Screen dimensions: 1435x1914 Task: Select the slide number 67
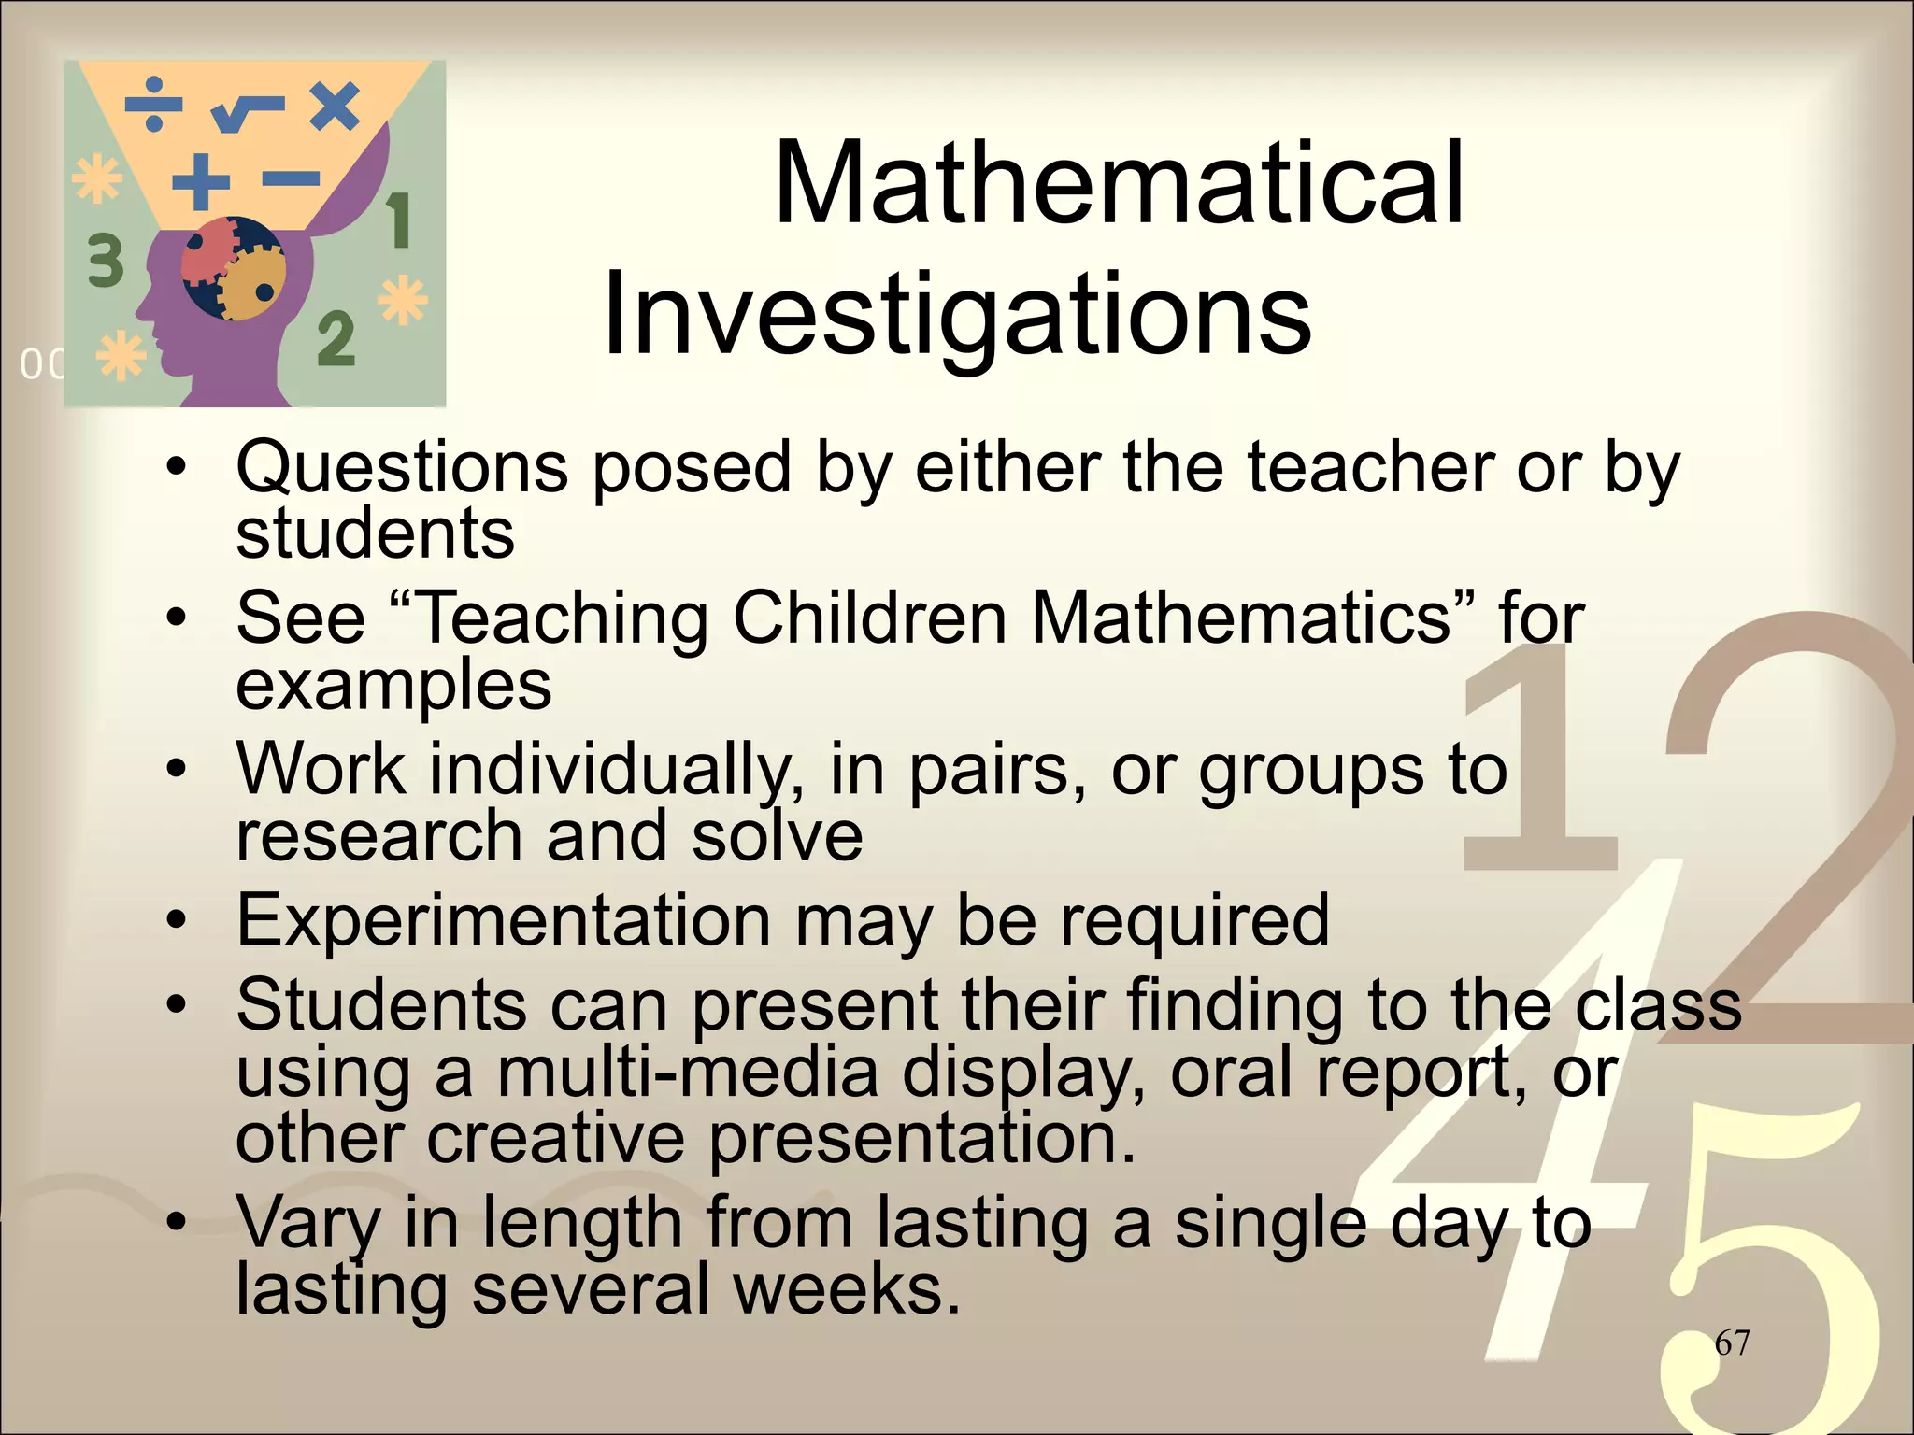pyautogui.click(x=1732, y=1343)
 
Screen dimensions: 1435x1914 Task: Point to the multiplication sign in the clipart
pyautogui.click(x=335, y=105)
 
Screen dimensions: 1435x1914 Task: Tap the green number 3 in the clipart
pyautogui.click(x=106, y=260)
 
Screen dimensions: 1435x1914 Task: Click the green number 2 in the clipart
pyautogui.click(x=336, y=338)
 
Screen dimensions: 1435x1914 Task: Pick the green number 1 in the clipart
pyautogui.click(x=399, y=220)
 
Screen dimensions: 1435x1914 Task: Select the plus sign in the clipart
pyautogui.click(x=201, y=180)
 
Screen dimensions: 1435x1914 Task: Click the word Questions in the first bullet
pyautogui.click(x=402, y=467)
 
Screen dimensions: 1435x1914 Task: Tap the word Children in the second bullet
pyautogui.click(x=869, y=618)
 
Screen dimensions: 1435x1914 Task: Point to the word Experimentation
pyautogui.click(x=504, y=921)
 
